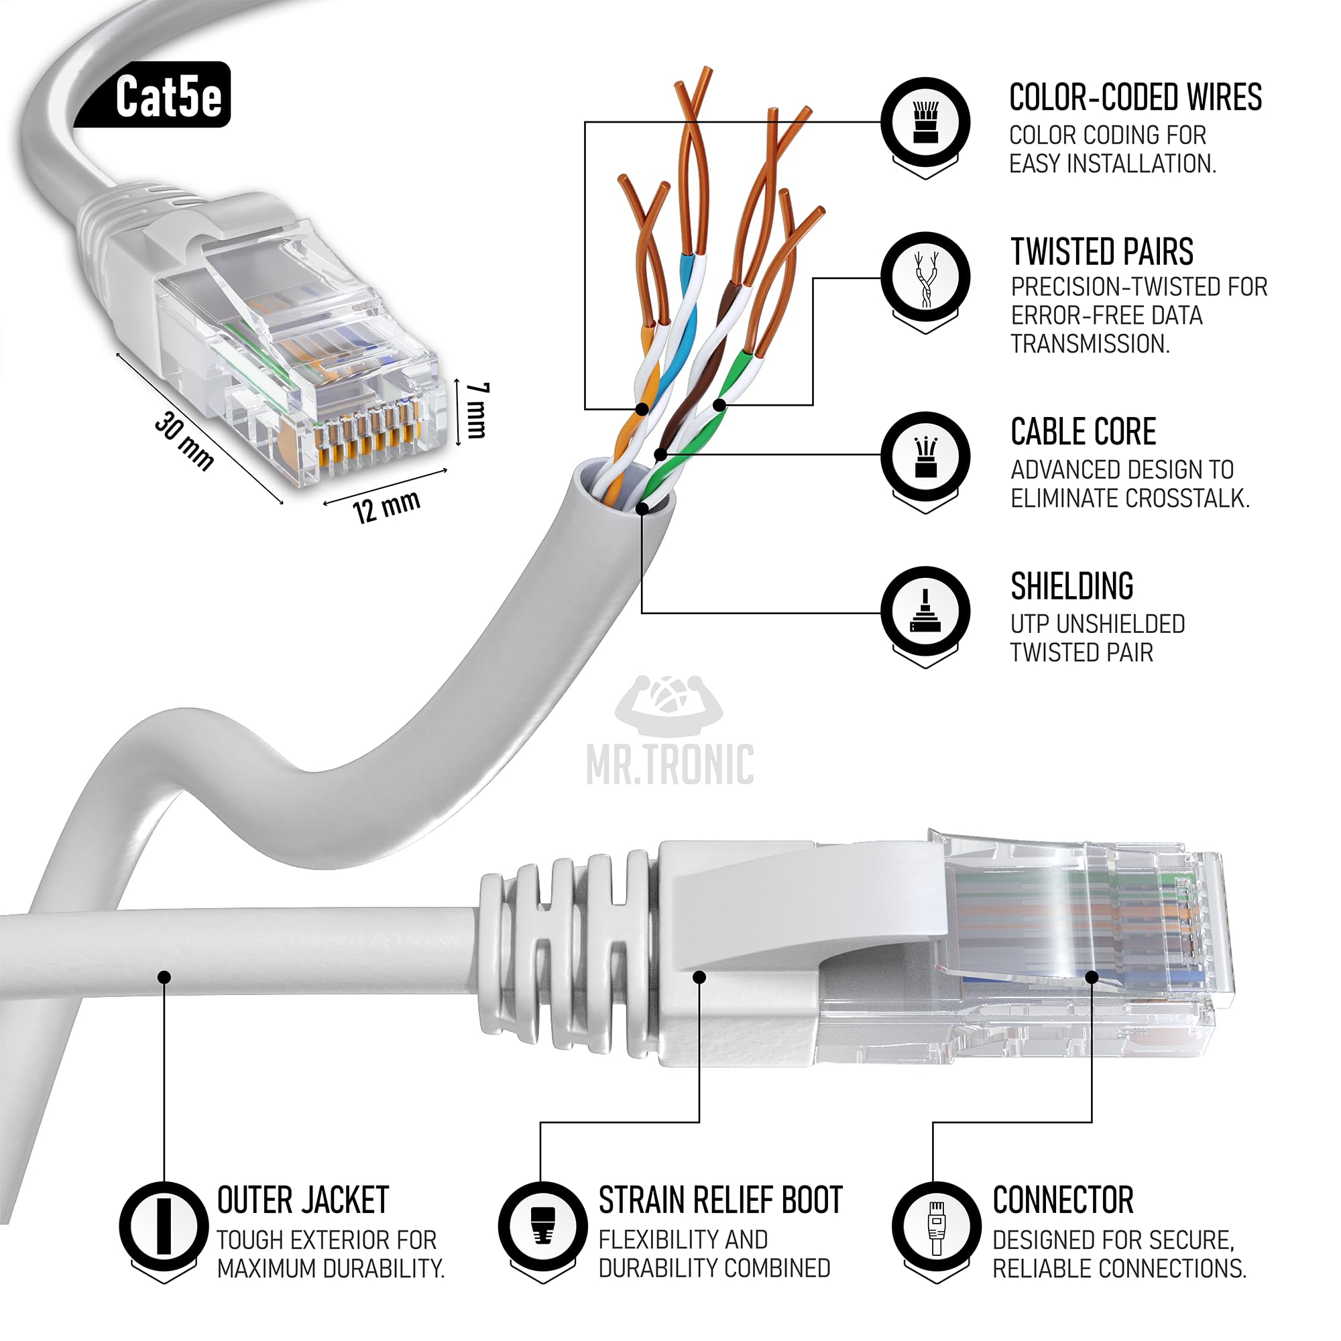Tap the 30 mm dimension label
(x=184, y=440)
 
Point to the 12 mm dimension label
(x=386, y=506)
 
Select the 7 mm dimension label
(x=477, y=410)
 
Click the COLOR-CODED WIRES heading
(x=1135, y=97)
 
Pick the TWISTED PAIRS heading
(x=1102, y=251)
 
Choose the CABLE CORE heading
(x=1083, y=432)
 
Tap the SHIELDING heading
(x=1071, y=587)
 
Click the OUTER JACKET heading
(x=302, y=1200)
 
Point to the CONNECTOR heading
(x=1063, y=1200)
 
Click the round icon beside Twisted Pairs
(x=925, y=277)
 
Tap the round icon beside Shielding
(x=925, y=611)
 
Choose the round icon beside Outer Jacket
(x=164, y=1226)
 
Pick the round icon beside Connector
(x=936, y=1226)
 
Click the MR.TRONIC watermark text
(x=670, y=765)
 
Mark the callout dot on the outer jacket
(x=164, y=978)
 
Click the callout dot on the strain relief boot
(x=699, y=978)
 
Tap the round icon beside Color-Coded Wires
(x=925, y=122)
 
